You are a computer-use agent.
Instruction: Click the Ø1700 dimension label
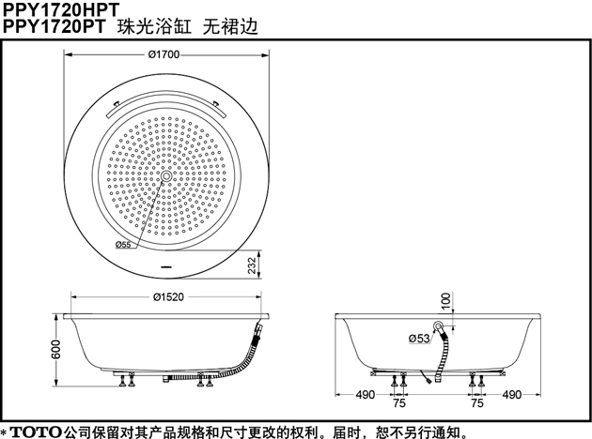click(164, 54)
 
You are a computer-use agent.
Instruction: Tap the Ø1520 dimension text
click(168, 297)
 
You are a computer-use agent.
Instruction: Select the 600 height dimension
click(55, 349)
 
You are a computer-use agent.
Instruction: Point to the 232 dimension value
click(252, 265)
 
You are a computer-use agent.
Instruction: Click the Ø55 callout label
click(123, 244)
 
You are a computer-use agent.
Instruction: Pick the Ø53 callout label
click(419, 339)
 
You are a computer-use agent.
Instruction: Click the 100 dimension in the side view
click(446, 300)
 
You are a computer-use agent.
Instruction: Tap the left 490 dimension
click(366, 395)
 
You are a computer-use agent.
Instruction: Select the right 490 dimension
click(511, 395)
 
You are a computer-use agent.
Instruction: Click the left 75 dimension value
click(399, 403)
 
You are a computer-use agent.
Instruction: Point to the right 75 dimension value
click(477, 403)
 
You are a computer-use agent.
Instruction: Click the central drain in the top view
click(166, 176)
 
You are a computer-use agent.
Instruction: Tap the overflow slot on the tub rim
click(166, 267)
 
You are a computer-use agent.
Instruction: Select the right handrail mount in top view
click(216, 102)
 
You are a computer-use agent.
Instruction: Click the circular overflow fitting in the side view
click(438, 325)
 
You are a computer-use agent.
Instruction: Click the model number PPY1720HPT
click(61, 9)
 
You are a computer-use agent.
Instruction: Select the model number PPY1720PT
click(54, 26)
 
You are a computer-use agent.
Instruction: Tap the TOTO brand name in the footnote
click(36, 431)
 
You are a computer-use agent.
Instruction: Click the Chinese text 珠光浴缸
click(154, 26)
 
